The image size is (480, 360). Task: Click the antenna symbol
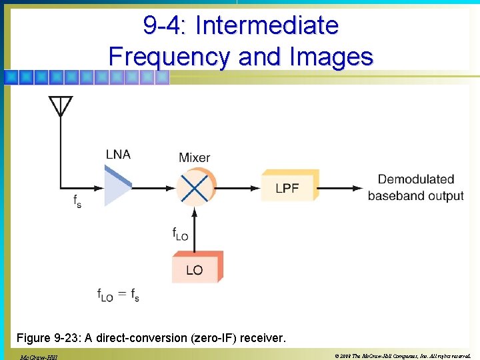point(61,106)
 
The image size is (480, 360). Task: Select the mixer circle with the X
point(195,186)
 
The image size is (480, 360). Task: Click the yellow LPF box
point(288,187)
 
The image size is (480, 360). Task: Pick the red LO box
point(195,269)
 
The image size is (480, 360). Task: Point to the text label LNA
point(118,155)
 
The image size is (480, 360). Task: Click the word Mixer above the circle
point(194,158)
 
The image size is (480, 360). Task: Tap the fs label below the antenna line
point(77,201)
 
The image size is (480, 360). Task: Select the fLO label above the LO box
point(180,234)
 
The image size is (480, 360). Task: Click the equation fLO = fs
point(118,295)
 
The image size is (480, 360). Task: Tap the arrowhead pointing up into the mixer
point(195,212)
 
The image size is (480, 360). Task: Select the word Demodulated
point(416,179)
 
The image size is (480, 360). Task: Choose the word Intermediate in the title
point(267,26)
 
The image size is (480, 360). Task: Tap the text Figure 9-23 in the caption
point(53,338)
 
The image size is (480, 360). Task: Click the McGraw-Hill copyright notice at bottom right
point(404,355)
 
